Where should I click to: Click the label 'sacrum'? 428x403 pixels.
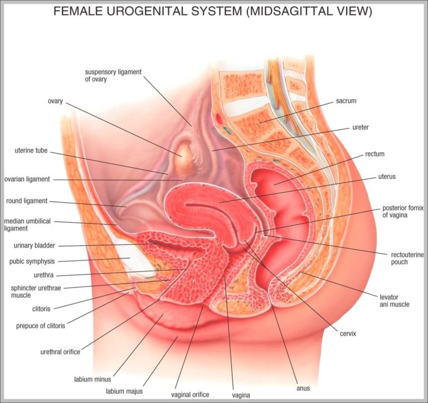[x=346, y=101]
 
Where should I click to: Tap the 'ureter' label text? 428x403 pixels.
[x=360, y=127]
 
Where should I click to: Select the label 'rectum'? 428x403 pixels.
[x=374, y=154]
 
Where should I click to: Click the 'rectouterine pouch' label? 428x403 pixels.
[x=400, y=258]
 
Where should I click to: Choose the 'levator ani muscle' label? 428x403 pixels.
[x=395, y=300]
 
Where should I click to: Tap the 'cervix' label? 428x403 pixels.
[x=347, y=333]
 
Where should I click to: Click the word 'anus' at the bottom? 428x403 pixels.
[x=303, y=388]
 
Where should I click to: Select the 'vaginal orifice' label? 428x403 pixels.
[x=191, y=395]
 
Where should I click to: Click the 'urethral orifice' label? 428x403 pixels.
[x=60, y=352]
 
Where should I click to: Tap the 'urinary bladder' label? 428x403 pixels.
[x=34, y=245]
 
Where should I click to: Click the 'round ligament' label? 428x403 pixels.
[x=27, y=201]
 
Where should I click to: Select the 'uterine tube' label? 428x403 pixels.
[x=31, y=150]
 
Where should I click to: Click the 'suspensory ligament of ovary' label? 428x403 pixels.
[x=105, y=75]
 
